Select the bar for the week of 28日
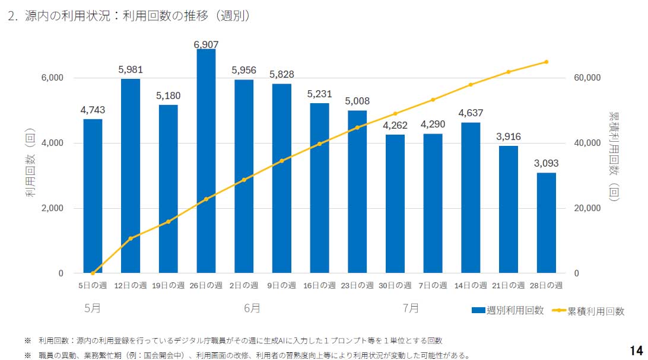547,223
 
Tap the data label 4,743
93,110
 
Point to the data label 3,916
509,136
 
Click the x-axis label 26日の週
206,285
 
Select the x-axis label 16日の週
319,285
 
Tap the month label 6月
252,308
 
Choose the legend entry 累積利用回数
596,310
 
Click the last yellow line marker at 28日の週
546,62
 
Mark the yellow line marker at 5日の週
93,273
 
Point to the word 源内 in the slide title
36,17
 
